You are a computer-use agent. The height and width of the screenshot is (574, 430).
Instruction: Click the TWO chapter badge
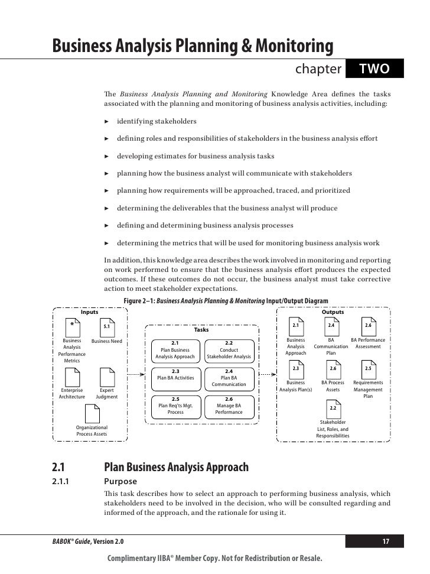pos(374,70)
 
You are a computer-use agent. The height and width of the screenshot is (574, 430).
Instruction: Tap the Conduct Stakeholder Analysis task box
pos(229,349)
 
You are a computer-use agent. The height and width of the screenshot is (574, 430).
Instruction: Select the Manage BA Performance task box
pos(229,406)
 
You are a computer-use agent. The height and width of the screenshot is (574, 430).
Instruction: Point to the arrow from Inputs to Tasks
pos(136,374)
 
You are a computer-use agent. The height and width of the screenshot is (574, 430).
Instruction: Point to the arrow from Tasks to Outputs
pos(268,374)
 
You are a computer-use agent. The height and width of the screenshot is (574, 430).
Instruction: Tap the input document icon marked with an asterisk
pos(72,327)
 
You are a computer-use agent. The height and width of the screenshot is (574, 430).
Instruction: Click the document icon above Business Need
pos(107,327)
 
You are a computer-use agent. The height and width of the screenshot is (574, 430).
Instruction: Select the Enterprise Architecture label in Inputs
pos(72,394)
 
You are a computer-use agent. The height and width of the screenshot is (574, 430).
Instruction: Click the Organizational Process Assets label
pos(92,430)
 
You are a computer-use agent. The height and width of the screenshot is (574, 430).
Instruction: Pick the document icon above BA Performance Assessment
pos(368,327)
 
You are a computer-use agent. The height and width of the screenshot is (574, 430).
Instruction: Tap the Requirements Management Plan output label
pos(368,390)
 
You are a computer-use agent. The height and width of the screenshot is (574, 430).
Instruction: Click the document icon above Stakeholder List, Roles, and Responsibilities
pos(333,409)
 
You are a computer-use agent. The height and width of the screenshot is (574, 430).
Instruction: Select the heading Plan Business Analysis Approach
pos(176,467)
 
